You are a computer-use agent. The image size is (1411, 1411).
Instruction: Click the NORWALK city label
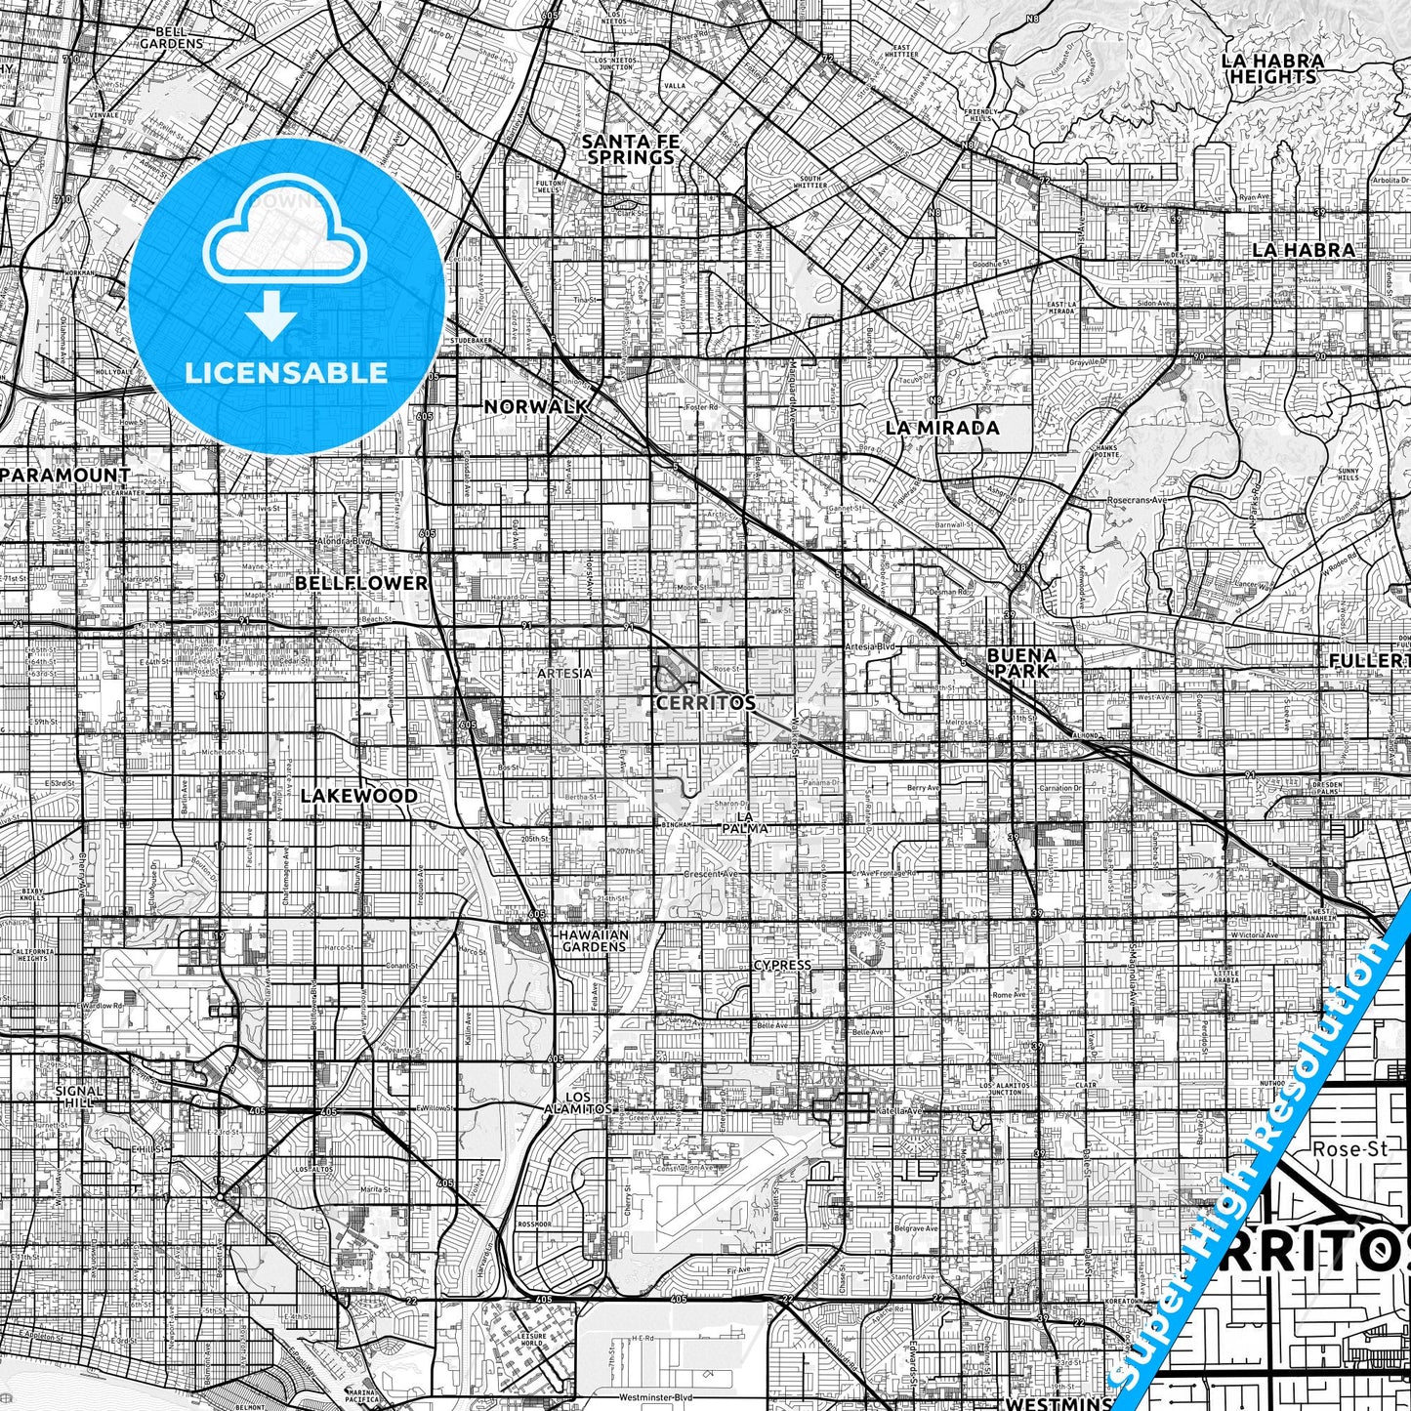[536, 406]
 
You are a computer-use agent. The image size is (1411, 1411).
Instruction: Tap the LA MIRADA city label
[942, 428]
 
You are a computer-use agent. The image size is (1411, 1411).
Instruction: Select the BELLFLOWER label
[361, 583]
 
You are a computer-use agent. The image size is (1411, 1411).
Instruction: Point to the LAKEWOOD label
[358, 796]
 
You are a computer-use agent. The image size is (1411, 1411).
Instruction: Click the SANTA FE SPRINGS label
[630, 148]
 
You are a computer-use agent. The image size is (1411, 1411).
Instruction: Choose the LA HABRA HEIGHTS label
[1273, 68]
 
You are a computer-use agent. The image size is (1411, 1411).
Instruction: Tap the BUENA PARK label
[1021, 662]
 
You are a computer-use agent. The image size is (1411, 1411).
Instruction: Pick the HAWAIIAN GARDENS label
[594, 940]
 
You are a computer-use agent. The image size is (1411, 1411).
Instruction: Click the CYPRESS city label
[782, 965]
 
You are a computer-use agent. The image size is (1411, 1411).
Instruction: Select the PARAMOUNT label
[65, 475]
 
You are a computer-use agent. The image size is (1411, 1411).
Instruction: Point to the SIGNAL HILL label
[78, 1097]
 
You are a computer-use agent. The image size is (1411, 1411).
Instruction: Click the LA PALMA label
[752, 822]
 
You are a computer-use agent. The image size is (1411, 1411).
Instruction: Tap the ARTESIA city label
[564, 674]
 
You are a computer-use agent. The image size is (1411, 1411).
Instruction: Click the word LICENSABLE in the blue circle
[286, 373]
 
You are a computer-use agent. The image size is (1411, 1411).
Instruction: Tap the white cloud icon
[285, 234]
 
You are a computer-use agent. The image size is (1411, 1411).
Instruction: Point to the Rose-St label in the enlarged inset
[1349, 1149]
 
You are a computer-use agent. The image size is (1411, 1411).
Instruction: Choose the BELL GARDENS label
[171, 37]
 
